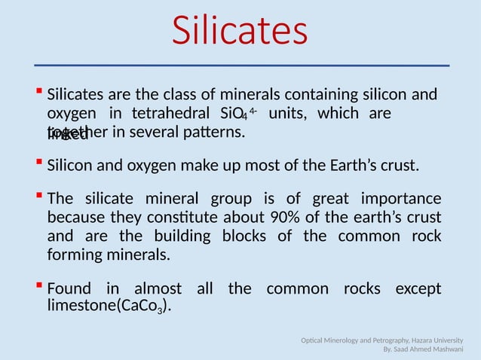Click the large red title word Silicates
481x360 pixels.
pyautogui.click(x=240, y=32)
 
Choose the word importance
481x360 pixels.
pyautogui.click(x=401, y=200)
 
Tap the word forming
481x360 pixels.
pyautogui.click(x=73, y=255)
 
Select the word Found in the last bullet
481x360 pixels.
pyautogui.click(x=69, y=289)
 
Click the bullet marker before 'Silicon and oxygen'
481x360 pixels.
pyautogui.click(x=38, y=162)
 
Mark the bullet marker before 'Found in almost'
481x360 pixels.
pyautogui.click(x=38, y=287)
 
